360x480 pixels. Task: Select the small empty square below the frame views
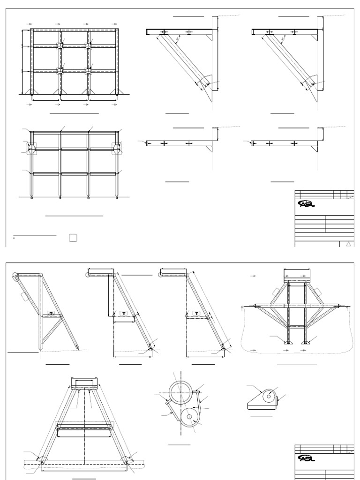click(x=73, y=238)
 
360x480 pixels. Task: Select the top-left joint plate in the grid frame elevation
click(x=60, y=45)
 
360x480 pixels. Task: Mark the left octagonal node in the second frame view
click(x=31, y=149)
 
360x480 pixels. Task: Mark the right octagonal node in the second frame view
click(x=116, y=149)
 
